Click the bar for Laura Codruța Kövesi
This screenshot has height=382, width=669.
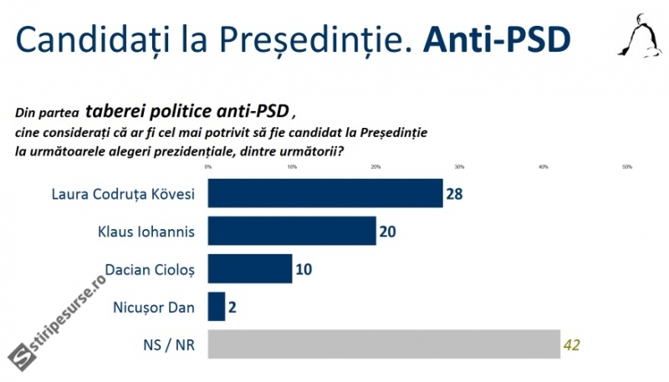tap(324, 194)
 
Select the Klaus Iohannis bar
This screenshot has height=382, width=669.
tap(291, 232)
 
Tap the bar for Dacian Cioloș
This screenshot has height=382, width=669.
tap(249, 269)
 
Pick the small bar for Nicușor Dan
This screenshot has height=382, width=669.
tap(216, 307)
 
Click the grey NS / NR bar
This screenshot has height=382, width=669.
tap(383, 344)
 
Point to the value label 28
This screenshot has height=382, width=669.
tap(455, 194)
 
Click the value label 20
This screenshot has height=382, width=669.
tap(387, 232)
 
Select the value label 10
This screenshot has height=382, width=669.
tap(304, 269)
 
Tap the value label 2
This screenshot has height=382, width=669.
tap(233, 307)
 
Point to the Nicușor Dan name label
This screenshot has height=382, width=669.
tap(154, 307)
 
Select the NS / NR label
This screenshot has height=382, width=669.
tap(170, 344)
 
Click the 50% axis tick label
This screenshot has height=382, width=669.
tap(627, 168)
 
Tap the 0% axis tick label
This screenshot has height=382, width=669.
tap(207, 168)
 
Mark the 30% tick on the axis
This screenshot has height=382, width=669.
tap(459, 168)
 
